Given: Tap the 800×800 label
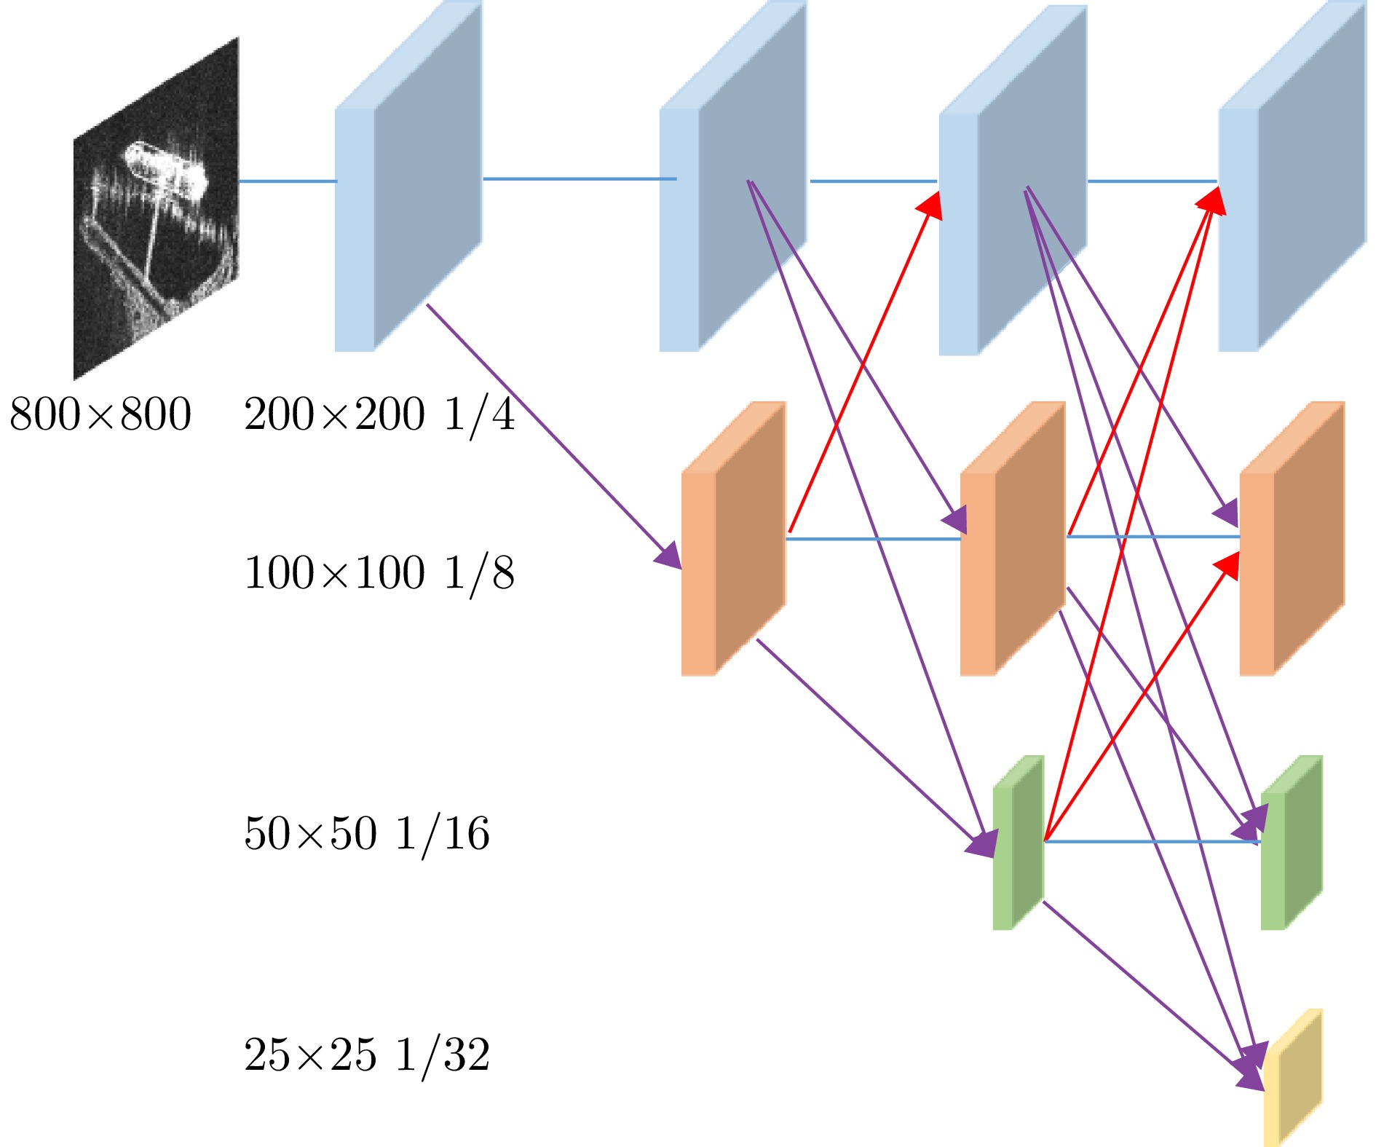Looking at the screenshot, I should [x=100, y=414].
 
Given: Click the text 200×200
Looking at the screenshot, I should [x=334, y=414].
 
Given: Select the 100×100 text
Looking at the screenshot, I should [x=334, y=572].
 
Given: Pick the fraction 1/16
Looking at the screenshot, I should [x=443, y=834].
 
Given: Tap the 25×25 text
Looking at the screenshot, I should [x=310, y=1055].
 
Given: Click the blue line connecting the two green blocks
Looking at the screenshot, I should [x=1150, y=842].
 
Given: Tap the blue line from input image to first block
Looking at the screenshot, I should [x=287, y=181].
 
